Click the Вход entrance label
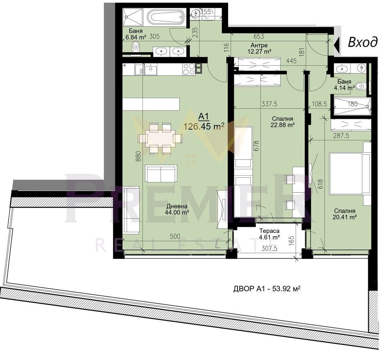[x=362, y=42]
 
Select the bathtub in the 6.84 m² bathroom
[x=166, y=17]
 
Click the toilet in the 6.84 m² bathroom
[x=136, y=46]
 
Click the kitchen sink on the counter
[x=150, y=69]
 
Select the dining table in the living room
[x=160, y=139]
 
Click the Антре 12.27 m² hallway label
[x=259, y=49]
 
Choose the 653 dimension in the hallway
[x=259, y=36]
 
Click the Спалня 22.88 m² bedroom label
[x=282, y=122]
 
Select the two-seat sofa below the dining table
[x=161, y=174]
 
